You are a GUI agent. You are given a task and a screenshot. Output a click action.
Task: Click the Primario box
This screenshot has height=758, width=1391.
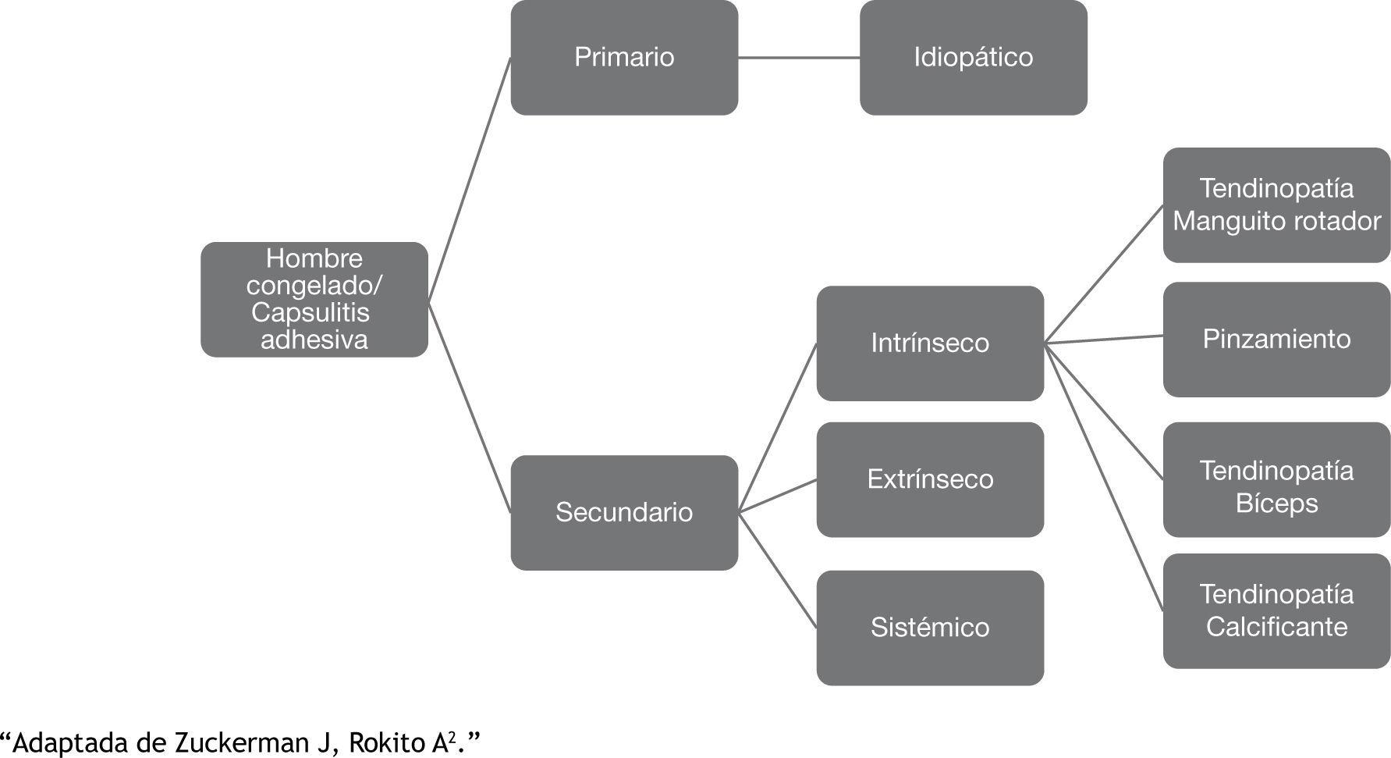pos(624,58)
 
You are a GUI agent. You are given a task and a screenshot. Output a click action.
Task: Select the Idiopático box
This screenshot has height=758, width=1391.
pos(973,58)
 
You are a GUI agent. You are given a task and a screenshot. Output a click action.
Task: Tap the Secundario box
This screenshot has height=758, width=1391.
pos(624,512)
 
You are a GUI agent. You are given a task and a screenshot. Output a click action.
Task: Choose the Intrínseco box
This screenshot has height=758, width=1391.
pos(929,343)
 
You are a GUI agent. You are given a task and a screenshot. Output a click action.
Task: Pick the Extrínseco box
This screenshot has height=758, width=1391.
pos(929,479)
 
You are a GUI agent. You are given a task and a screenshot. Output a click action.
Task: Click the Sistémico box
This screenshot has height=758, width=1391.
pos(929,628)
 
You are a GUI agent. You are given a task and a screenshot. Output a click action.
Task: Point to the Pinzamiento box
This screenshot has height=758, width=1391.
pos(1276,339)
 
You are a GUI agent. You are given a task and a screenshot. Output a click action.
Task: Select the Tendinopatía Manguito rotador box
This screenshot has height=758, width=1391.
pos(1276,205)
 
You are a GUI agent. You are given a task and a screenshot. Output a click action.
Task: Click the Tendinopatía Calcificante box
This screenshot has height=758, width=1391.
pos(1276,610)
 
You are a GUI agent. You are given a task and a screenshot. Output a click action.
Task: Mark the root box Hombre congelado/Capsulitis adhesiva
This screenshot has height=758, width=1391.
pos(314,299)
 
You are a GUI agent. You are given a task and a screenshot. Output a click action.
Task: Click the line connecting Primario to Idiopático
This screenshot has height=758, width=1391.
pos(799,58)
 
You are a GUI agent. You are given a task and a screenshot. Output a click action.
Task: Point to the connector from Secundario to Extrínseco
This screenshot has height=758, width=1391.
pos(777,496)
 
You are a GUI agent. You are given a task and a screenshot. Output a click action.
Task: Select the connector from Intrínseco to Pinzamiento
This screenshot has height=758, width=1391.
pos(1104,339)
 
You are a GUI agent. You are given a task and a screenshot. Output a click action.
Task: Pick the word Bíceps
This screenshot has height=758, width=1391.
pos(1276,504)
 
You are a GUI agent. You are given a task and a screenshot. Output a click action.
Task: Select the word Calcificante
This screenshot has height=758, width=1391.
pos(1276,627)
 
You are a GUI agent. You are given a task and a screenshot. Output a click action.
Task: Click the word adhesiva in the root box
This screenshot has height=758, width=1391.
pos(314,340)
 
